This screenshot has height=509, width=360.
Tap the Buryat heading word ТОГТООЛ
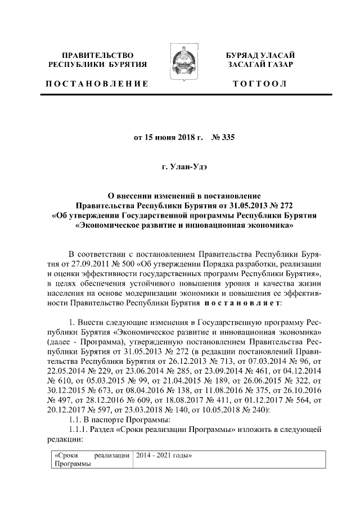[x=260, y=84]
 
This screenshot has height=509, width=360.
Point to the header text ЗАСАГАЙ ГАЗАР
[x=260, y=65]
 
